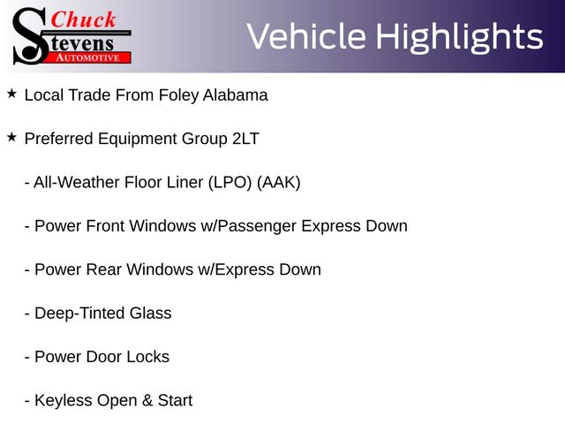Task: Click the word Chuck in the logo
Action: click(x=83, y=19)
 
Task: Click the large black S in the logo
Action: click(x=30, y=35)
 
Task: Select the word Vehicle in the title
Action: click(x=306, y=36)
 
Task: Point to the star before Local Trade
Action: click(x=11, y=94)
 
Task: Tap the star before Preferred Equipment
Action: click(x=11, y=138)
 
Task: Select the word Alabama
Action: click(x=236, y=95)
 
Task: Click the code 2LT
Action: click(x=245, y=139)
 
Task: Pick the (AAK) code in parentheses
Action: click(x=279, y=183)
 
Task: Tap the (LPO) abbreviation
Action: click(x=230, y=183)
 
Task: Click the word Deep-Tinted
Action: click(x=79, y=314)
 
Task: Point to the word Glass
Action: click(x=151, y=314)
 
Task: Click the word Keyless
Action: click(x=63, y=401)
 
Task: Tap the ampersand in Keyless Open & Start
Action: click(x=147, y=400)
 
